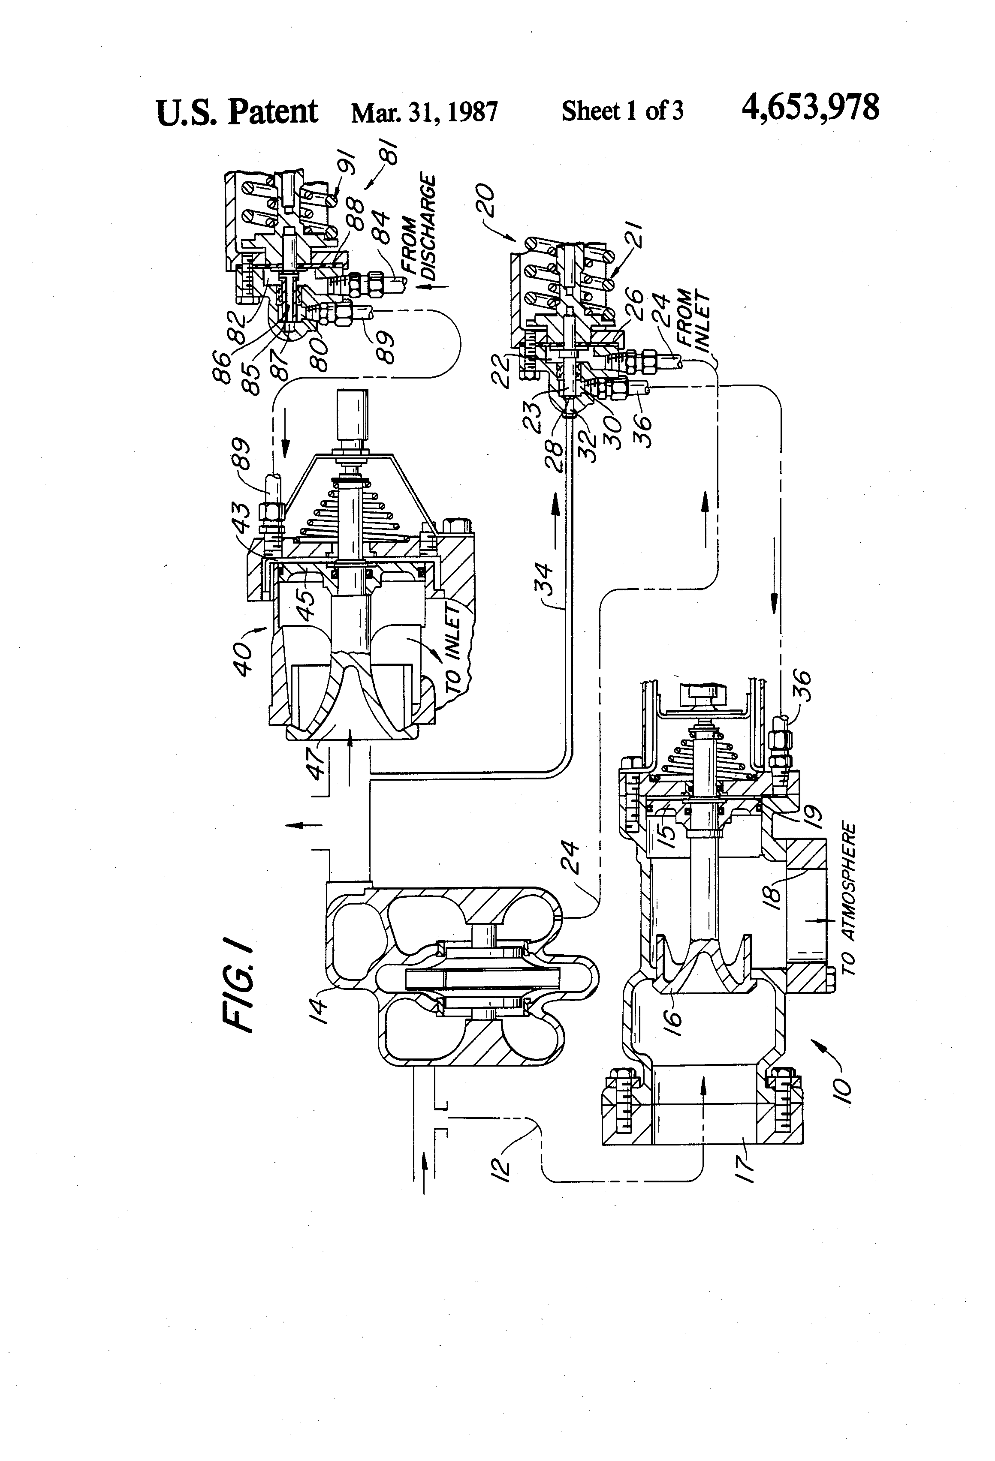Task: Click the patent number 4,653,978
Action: (x=810, y=108)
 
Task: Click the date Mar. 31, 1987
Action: (x=425, y=112)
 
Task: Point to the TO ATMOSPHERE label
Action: (x=849, y=899)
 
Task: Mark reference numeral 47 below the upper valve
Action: (x=319, y=761)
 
